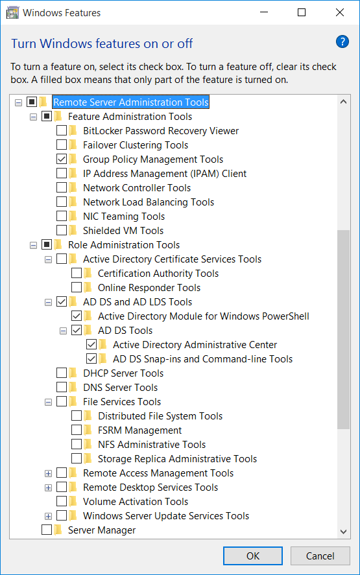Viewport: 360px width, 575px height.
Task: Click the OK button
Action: click(x=253, y=556)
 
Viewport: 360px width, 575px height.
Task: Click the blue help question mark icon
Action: click(x=342, y=41)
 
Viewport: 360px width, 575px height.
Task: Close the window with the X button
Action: click(x=340, y=12)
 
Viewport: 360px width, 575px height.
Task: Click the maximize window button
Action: click(x=302, y=12)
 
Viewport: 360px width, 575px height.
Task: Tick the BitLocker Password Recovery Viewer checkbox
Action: click(x=62, y=130)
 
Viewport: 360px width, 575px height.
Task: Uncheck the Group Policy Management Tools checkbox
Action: click(x=62, y=159)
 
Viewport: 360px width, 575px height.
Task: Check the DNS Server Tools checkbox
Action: click(x=62, y=387)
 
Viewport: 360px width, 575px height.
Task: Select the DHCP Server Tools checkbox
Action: click(x=62, y=373)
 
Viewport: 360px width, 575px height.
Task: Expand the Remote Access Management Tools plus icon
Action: click(x=48, y=473)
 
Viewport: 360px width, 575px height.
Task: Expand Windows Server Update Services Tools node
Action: click(x=48, y=516)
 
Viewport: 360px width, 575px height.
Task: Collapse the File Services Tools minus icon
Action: click(x=48, y=403)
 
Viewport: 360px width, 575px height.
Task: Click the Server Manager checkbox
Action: click(x=47, y=530)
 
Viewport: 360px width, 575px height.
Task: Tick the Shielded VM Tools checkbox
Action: click(x=62, y=230)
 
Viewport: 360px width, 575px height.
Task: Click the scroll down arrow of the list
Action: click(x=344, y=532)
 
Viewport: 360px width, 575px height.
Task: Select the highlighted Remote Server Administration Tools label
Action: click(x=131, y=102)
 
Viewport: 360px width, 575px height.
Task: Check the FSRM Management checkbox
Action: click(x=77, y=430)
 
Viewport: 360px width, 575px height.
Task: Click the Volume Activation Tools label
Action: click(x=136, y=502)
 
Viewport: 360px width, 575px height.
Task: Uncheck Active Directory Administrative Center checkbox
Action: click(x=91, y=344)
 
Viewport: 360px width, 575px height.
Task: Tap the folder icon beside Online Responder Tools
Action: click(x=88, y=288)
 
